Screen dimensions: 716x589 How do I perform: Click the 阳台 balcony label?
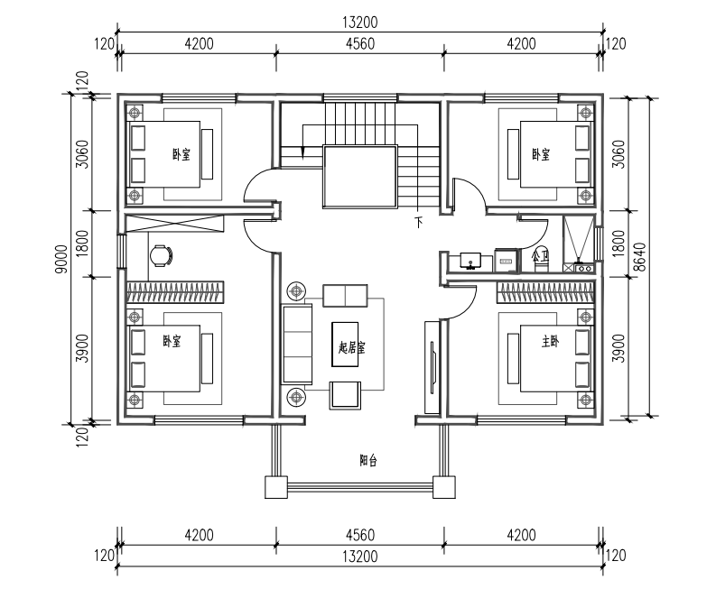(368, 460)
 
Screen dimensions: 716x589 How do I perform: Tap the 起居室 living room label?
(351, 348)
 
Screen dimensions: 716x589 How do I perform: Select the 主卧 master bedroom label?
(550, 341)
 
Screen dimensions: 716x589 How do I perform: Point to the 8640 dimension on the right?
(641, 257)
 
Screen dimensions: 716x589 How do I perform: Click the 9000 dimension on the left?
(61, 259)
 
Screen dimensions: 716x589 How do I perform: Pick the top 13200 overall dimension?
(360, 22)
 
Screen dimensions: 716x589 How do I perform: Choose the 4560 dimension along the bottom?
(360, 534)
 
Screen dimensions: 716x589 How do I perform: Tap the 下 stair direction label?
(419, 223)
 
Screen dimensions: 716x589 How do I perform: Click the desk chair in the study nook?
(162, 255)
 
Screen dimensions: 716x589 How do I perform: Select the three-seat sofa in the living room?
(297, 344)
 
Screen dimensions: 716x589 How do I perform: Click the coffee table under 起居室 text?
(345, 344)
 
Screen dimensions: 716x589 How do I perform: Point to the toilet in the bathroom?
(541, 260)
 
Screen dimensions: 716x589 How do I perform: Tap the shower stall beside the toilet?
(579, 244)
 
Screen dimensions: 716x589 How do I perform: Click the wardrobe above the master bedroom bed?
(545, 292)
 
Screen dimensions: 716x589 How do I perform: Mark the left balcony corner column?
(276, 487)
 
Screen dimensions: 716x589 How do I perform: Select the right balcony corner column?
(444, 487)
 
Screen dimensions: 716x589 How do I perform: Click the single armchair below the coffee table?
(345, 395)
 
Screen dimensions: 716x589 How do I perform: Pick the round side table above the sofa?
(297, 290)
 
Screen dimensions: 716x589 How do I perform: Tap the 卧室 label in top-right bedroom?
(541, 154)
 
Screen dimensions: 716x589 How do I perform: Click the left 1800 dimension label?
(82, 244)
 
